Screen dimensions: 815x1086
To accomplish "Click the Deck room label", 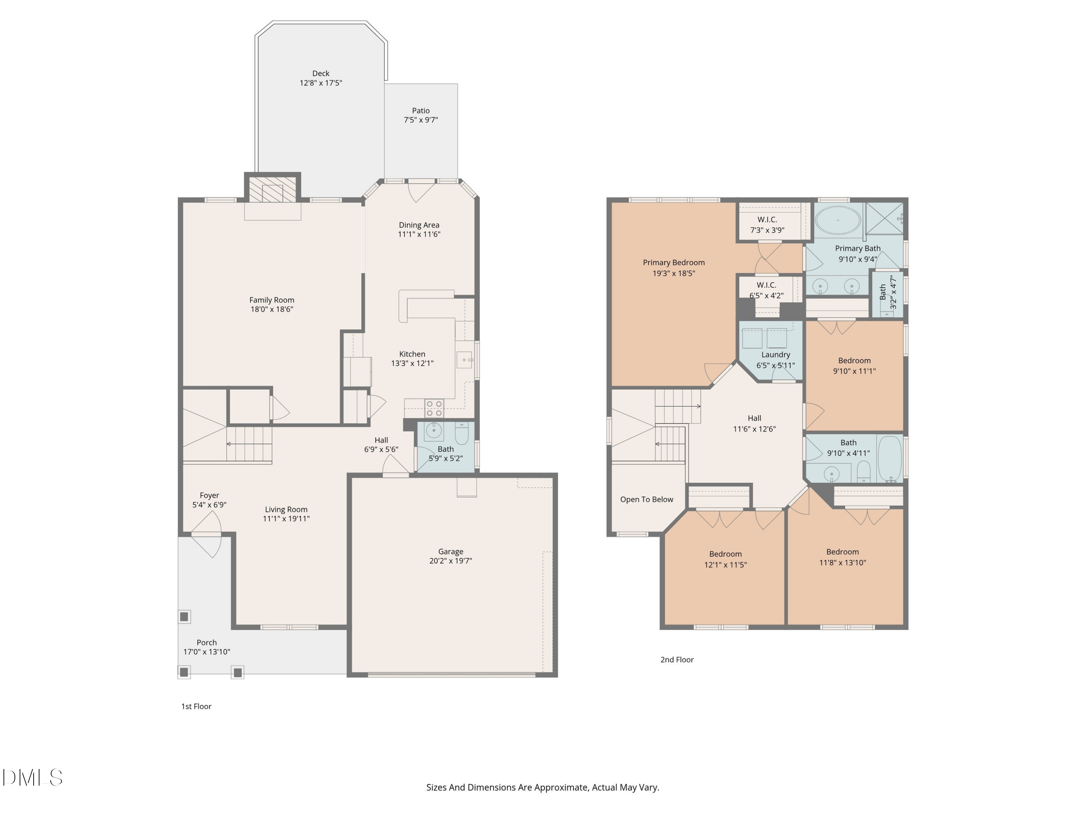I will click(321, 73).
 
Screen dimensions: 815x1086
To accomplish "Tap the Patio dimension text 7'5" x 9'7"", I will click(421, 120).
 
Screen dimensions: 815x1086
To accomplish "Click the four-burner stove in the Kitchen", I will click(434, 408).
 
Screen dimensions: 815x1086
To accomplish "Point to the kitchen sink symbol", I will click(464, 360).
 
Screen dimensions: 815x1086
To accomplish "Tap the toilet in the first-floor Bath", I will click(462, 432).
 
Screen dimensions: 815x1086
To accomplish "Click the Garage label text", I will click(450, 551).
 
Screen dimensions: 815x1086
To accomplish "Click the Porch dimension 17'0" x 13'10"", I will click(207, 652).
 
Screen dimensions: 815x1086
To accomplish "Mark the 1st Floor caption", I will click(196, 706).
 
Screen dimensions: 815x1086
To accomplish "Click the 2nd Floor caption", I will click(677, 660).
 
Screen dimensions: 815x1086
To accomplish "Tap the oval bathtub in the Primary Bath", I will click(838, 220).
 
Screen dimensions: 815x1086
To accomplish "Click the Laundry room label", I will click(776, 354).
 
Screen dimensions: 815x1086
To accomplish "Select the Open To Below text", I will click(647, 499).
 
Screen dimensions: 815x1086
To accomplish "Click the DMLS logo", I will click(33, 777).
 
